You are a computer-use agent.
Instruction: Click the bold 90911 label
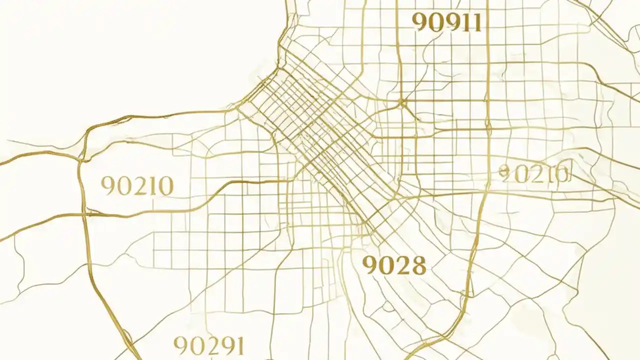[447, 22]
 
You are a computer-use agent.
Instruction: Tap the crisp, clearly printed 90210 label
[137, 186]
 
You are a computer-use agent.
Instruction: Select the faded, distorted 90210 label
[534, 174]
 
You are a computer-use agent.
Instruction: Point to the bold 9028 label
[394, 265]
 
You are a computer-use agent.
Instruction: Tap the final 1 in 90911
[477, 22]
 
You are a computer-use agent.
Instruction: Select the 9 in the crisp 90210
[108, 186]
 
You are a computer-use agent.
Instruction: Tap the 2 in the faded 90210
[534, 174]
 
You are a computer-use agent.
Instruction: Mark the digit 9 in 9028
[370, 266]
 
